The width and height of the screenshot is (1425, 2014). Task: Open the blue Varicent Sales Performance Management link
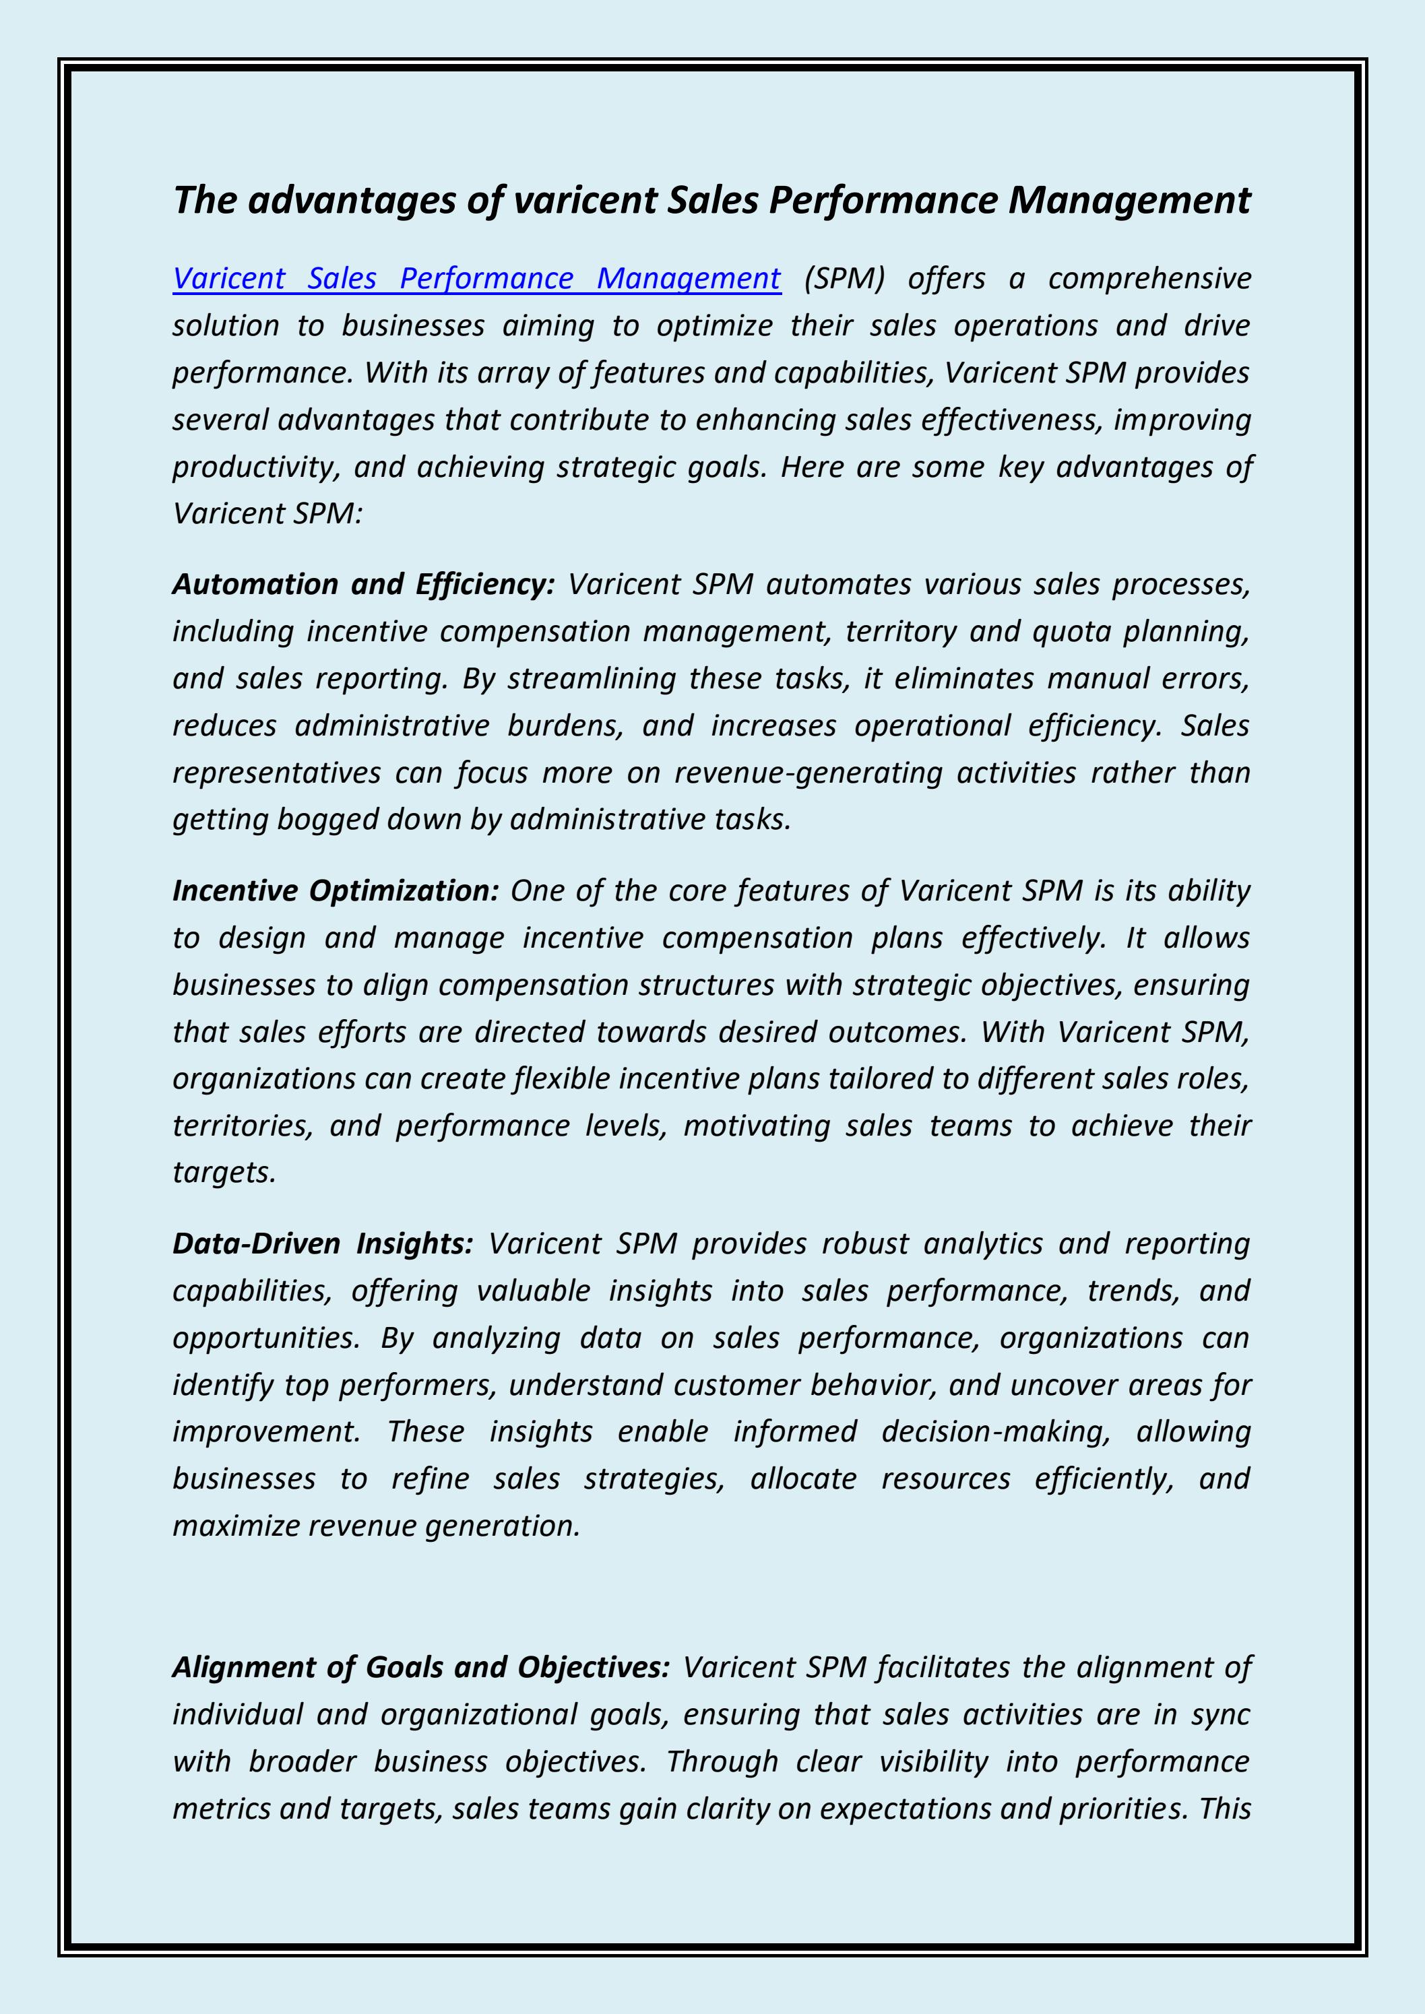(476, 278)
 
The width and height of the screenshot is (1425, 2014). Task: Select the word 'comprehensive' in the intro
(1149, 278)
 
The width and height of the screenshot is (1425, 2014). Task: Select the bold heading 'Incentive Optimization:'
(335, 890)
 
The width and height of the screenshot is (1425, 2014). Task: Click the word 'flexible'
(561, 1078)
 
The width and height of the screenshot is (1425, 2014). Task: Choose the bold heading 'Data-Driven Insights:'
(322, 1243)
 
